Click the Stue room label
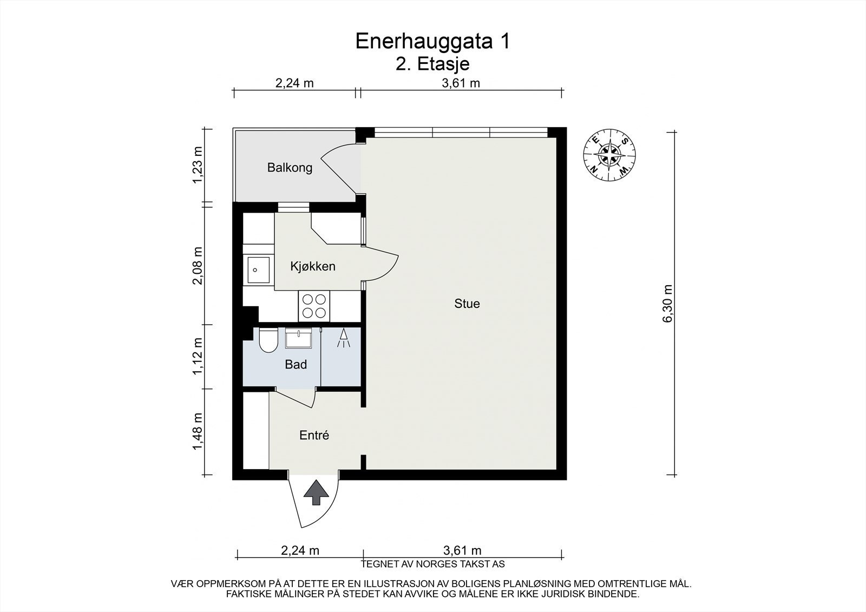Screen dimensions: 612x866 [467, 304]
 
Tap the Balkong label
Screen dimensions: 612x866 [290, 168]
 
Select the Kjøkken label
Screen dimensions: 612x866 [312, 266]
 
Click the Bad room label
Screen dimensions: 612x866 [296, 365]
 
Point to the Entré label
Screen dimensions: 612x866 [314, 435]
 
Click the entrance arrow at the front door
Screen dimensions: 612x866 [316, 493]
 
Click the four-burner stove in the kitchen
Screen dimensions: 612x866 [314, 306]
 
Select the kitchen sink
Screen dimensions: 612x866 [259, 270]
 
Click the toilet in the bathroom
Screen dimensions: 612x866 [267, 341]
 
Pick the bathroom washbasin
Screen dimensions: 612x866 [298, 339]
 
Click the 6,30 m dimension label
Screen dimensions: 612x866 [667, 304]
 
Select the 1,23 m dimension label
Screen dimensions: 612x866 [198, 165]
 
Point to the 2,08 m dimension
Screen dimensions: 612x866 [198, 265]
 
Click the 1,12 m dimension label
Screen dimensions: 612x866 [198, 356]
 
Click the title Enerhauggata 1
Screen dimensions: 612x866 [432, 42]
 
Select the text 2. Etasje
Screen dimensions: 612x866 [432, 64]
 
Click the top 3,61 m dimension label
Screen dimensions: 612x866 [461, 83]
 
